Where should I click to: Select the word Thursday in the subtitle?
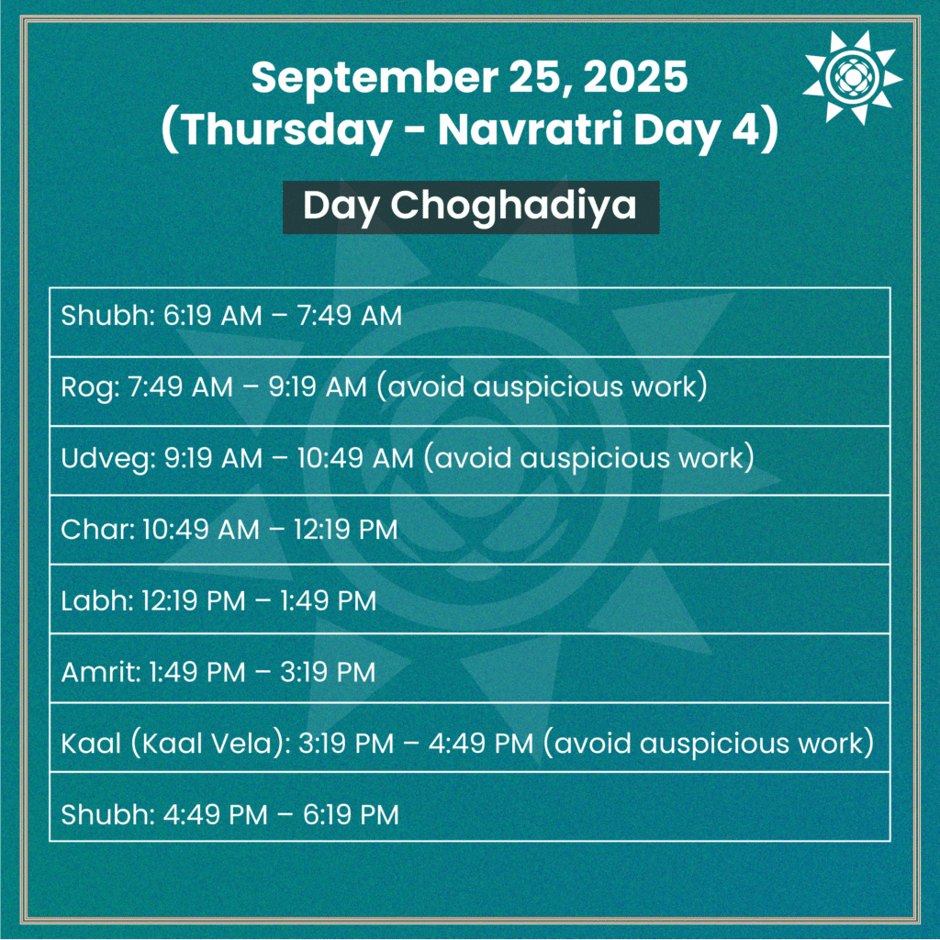[x=285, y=131]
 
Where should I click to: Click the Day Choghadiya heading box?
[x=470, y=207]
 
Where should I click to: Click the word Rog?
[x=82, y=386]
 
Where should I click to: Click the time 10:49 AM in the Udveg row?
[x=355, y=456]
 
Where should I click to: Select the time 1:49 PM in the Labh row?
[x=326, y=601]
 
